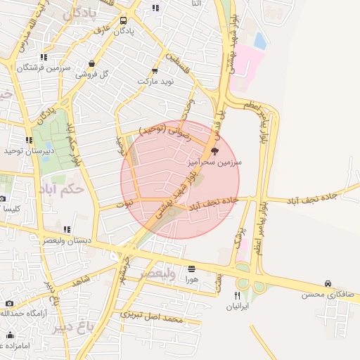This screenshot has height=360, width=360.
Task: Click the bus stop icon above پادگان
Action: pos(124,21)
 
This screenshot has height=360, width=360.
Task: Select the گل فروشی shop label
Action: pos(94,73)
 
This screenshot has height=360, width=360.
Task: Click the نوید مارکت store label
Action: pos(154,81)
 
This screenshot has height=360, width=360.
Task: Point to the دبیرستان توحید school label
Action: pos(24,150)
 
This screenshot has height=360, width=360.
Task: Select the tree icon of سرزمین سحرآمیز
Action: pos(214,150)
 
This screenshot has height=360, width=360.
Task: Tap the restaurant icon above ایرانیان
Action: pos(238,295)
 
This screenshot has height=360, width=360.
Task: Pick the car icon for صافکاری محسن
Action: pos(328,283)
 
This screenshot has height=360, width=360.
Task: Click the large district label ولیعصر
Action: pos(157,273)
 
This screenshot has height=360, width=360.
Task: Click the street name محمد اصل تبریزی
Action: pos(151,316)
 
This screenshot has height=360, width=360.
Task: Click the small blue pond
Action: pos(260,41)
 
